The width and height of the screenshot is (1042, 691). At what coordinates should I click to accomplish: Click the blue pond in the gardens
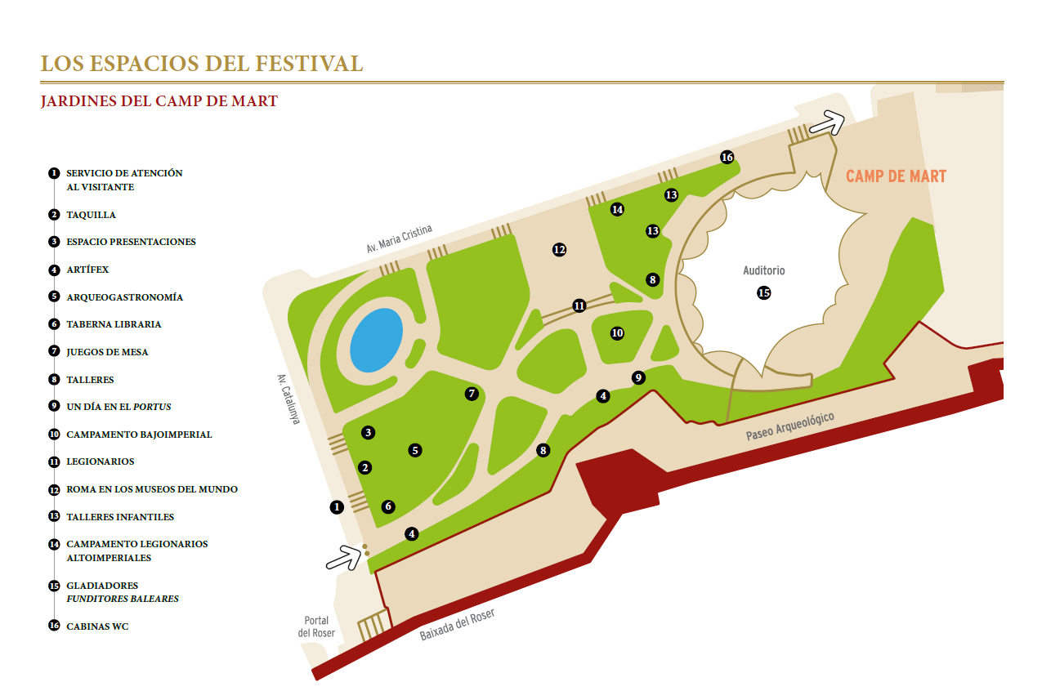[x=376, y=341]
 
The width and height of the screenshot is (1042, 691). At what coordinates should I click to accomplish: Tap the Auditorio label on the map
[x=763, y=270]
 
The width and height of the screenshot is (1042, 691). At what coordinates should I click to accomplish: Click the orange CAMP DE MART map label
[x=896, y=176]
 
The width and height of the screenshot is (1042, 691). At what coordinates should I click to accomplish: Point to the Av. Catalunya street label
[x=288, y=399]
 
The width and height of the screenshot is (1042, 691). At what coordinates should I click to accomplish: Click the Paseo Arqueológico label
[x=789, y=427]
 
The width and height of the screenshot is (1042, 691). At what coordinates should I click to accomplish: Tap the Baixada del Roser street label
[x=457, y=625]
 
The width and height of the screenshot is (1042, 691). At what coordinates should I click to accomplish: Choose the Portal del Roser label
[x=316, y=626]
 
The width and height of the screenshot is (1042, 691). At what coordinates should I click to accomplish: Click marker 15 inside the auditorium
[x=763, y=292]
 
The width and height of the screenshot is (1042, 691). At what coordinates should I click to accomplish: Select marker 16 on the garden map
[x=727, y=157]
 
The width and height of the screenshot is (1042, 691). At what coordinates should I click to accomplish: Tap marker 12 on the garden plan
[x=559, y=250]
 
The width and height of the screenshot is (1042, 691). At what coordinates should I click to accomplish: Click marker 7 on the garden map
[x=472, y=394]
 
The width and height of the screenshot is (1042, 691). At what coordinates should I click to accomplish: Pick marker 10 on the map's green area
[x=617, y=333]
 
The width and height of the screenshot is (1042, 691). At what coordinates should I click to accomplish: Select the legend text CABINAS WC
[x=97, y=626]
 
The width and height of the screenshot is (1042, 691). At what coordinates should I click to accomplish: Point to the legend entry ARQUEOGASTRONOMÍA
[x=124, y=297]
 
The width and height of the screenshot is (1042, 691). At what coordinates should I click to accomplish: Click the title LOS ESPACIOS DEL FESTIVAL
[x=202, y=64]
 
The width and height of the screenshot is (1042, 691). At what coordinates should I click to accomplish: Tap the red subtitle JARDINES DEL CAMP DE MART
[x=159, y=102]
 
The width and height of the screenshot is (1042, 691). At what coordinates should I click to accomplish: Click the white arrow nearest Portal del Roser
[x=344, y=558]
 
